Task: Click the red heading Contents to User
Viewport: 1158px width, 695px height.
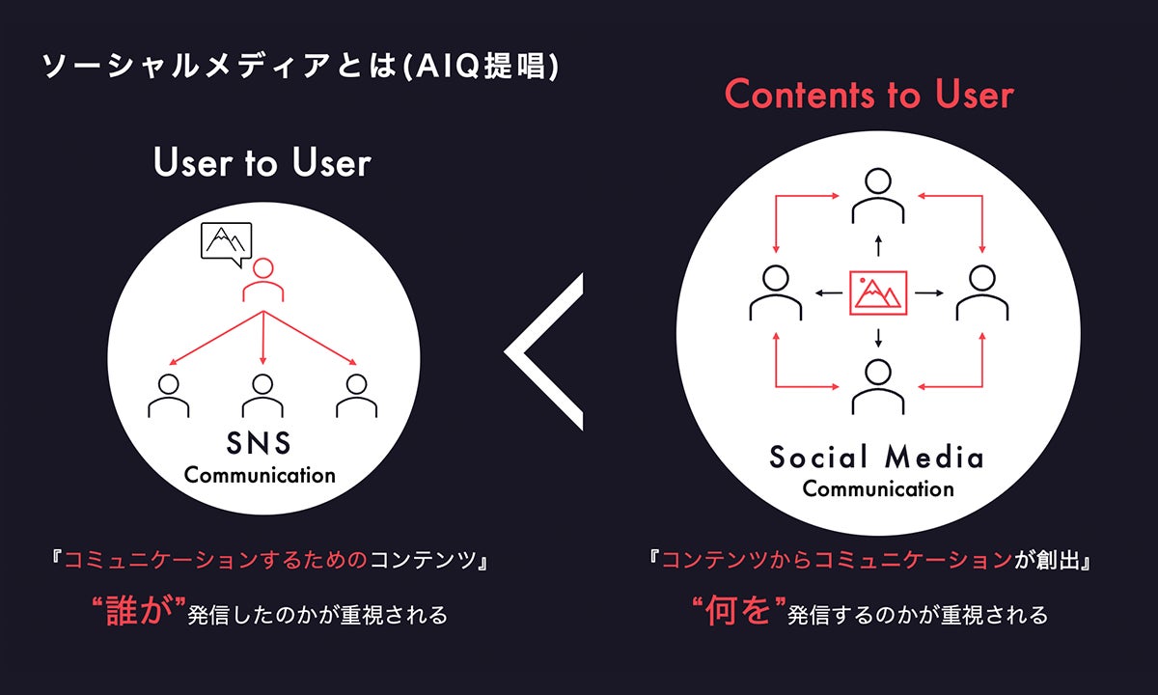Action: pos(868,95)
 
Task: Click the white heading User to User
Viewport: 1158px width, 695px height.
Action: pos(262,162)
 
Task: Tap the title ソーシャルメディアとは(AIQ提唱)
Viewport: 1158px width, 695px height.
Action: pos(300,68)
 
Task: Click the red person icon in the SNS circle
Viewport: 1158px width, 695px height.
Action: pos(262,280)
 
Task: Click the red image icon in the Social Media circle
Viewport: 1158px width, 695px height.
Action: pos(877,292)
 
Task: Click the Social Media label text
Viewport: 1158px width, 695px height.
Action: pos(877,457)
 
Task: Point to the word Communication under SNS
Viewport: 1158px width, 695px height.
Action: pos(260,475)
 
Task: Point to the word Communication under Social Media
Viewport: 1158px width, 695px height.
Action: pos(877,488)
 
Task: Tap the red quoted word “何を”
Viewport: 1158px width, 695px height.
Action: pos(736,613)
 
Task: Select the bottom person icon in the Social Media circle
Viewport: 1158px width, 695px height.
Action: pos(877,384)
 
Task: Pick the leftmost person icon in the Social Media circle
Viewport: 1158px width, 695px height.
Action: pos(775,292)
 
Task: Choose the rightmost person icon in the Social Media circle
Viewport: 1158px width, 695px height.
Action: pos(980,292)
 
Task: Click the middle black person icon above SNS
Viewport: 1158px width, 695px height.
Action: pos(262,395)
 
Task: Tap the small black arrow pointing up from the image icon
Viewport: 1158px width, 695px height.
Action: pos(877,242)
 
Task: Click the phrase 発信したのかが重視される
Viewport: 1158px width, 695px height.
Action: pos(318,615)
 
